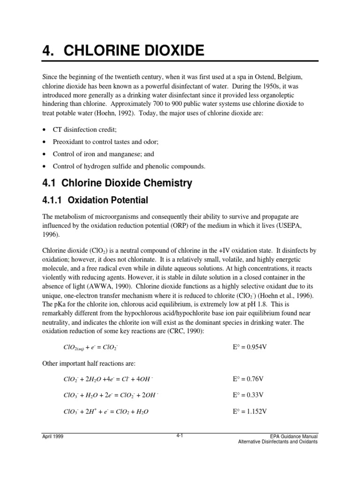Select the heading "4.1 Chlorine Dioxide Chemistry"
click(117, 183)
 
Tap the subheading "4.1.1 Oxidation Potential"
click(95, 200)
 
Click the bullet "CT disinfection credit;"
click(88, 129)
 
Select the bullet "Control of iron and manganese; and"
click(103, 154)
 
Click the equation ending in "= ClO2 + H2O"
click(106, 412)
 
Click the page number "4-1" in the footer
click(179, 435)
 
